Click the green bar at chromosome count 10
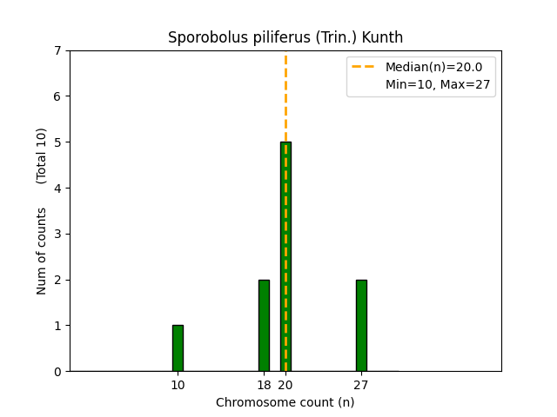click(x=178, y=348)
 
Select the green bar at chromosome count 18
click(x=264, y=326)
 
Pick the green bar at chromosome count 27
click(x=361, y=326)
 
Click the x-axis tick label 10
click(x=178, y=385)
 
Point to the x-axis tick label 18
click(x=264, y=385)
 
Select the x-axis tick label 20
click(x=285, y=385)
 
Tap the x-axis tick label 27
click(x=361, y=385)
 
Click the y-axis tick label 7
click(x=57, y=50)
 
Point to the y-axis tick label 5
click(x=57, y=142)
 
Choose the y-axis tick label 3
click(x=57, y=234)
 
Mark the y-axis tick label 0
click(x=57, y=372)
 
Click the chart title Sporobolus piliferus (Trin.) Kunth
click(x=285, y=38)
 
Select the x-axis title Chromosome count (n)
click(x=285, y=402)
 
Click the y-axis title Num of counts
click(x=42, y=250)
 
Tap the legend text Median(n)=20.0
click(x=433, y=67)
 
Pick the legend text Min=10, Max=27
click(x=433, y=84)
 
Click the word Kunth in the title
click(x=384, y=38)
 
